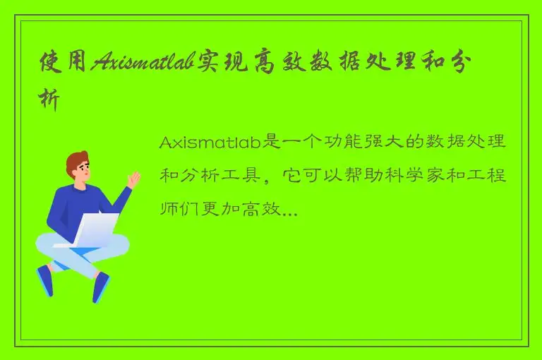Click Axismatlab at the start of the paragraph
pyautogui.click(x=210, y=143)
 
